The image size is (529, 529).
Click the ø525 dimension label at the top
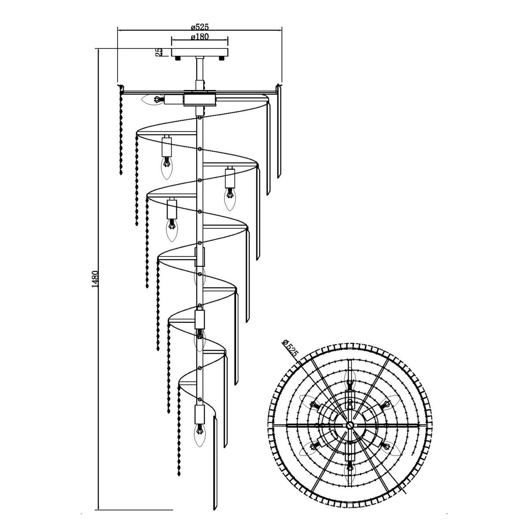click(x=199, y=27)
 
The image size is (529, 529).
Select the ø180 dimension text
click(x=200, y=38)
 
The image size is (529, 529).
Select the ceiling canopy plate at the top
click(x=200, y=52)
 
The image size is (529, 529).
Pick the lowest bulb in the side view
click(x=199, y=429)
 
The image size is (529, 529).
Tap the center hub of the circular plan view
click(x=349, y=425)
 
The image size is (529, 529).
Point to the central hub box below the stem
click(x=200, y=99)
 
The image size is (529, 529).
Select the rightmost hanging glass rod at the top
click(x=279, y=132)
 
